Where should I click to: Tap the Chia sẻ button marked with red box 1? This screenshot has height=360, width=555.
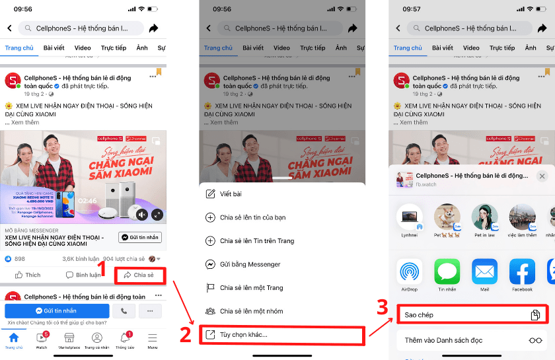tap(139, 275)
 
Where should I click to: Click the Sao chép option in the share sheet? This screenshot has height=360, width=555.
tap(472, 315)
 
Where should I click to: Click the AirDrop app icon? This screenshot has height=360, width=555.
tap(410, 272)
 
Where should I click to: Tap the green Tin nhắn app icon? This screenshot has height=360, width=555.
tap(447, 272)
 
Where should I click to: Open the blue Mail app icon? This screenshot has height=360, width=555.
tap(484, 272)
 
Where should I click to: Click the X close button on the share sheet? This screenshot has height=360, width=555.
tap(542, 176)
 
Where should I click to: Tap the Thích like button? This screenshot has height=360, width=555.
tap(28, 275)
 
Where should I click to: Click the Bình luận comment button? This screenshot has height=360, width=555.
tap(83, 275)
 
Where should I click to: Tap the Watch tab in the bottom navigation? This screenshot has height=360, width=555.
tap(42, 340)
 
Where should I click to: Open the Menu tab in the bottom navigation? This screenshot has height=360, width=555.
tap(153, 340)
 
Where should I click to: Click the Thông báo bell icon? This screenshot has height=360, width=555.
tap(125, 338)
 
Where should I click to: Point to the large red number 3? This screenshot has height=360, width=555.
tap(383, 308)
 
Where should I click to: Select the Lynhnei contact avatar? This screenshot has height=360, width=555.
tap(410, 217)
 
